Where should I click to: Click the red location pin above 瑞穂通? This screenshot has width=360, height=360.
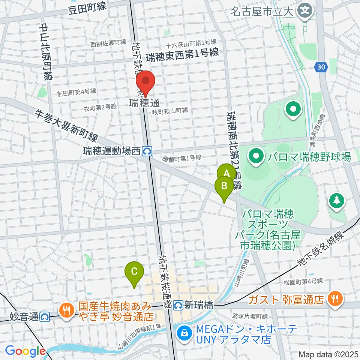click(145, 81)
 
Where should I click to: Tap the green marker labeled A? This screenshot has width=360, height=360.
click(226, 173)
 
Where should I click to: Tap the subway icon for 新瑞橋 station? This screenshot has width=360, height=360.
click(179, 306)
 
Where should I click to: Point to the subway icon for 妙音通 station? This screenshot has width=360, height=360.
click(45, 317)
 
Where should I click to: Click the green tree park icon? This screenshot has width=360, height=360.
click(336, 200)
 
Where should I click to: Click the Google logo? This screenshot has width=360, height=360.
click(25, 351)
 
